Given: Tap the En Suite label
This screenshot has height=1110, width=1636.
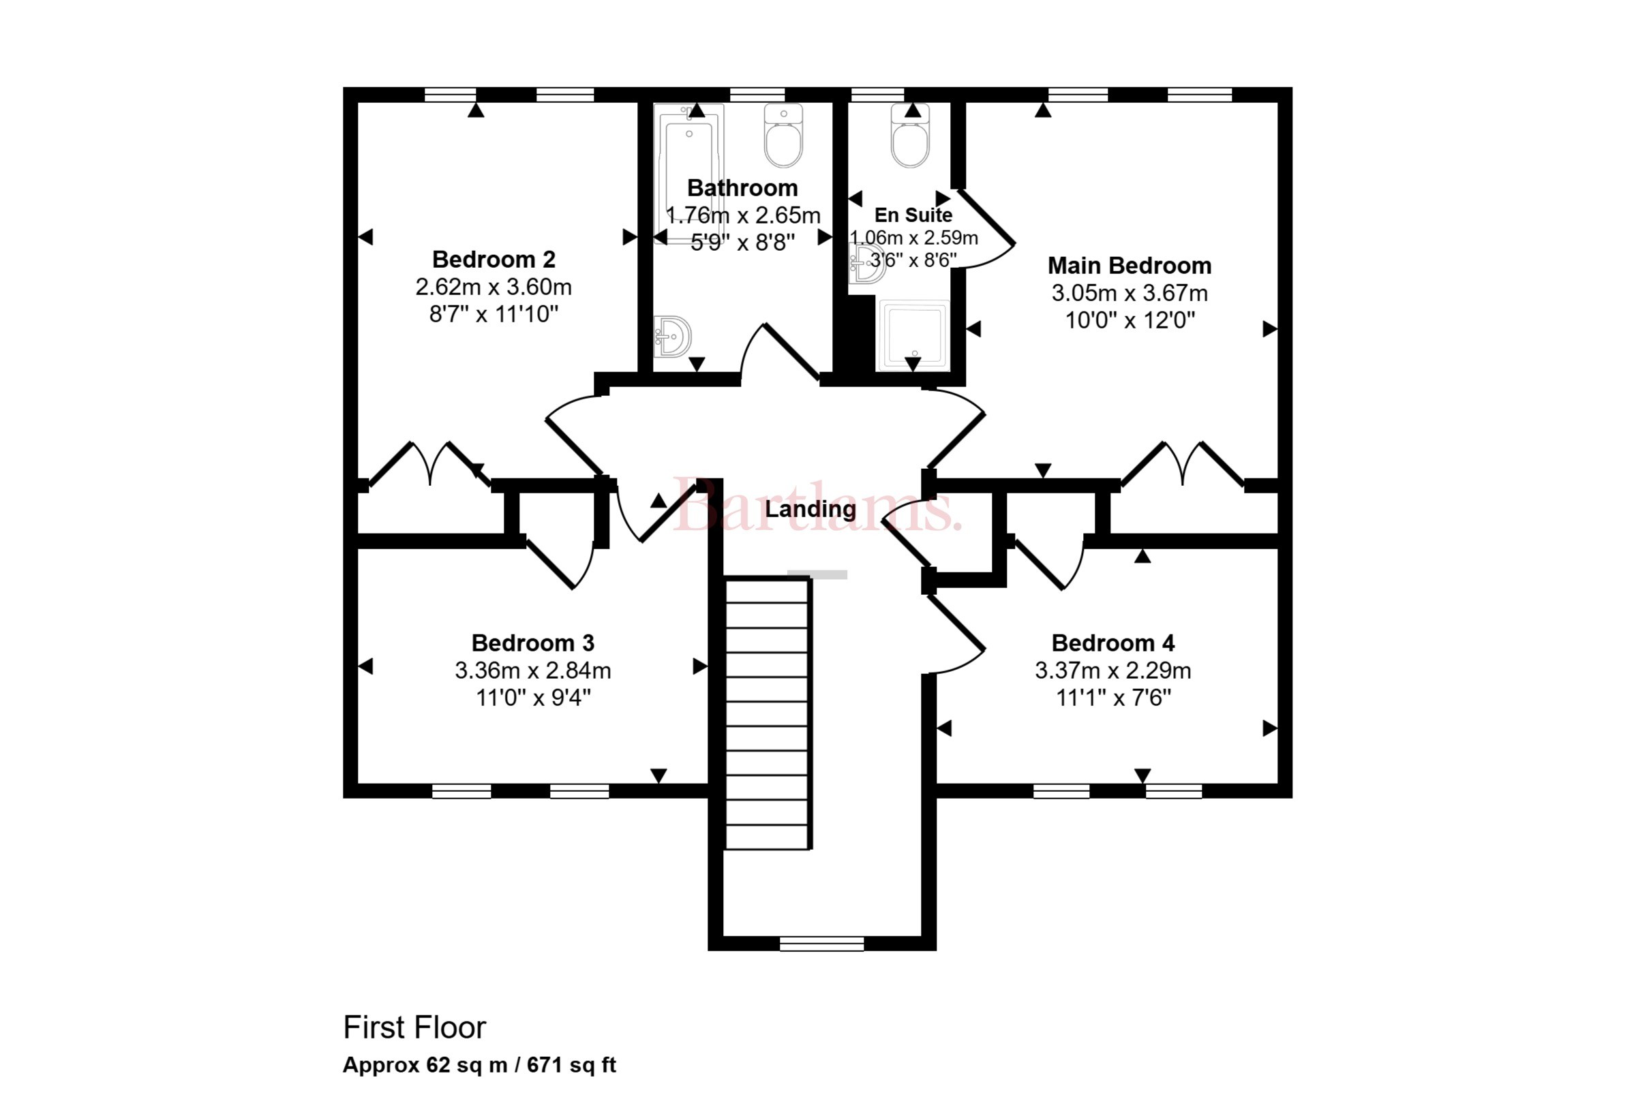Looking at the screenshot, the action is coord(913,215).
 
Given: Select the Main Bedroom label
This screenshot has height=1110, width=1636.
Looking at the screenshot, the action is coord(1129,265).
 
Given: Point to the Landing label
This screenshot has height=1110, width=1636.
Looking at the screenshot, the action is coord(811,509).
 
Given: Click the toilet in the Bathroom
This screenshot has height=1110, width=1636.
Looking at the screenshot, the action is coord(783,136).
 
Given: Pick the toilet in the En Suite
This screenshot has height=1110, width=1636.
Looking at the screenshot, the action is coord(910,136).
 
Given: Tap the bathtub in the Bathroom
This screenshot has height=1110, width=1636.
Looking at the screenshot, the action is coord(688,173).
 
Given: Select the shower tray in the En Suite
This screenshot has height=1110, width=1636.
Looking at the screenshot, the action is coord(913,335).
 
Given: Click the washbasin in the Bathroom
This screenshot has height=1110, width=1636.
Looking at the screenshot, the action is coord(671,337).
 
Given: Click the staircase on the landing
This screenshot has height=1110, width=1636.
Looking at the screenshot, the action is coord(768,713).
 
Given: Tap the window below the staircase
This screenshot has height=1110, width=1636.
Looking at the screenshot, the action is coord(821,944).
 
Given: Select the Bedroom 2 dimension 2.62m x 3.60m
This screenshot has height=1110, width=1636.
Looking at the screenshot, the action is coord(494,287).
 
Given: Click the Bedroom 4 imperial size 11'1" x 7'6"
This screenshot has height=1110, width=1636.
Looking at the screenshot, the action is coord(1113,698).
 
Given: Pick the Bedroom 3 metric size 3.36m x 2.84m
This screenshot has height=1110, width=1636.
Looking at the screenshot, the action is coord(533,670).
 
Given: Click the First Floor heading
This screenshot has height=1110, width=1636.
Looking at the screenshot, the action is coord(414,1028).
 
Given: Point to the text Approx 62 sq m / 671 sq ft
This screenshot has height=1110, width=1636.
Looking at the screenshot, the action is coord(479,1065).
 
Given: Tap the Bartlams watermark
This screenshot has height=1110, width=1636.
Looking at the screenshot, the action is coord(817,506).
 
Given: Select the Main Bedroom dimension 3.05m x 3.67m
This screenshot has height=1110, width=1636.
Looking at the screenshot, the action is coord(1129,293).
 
